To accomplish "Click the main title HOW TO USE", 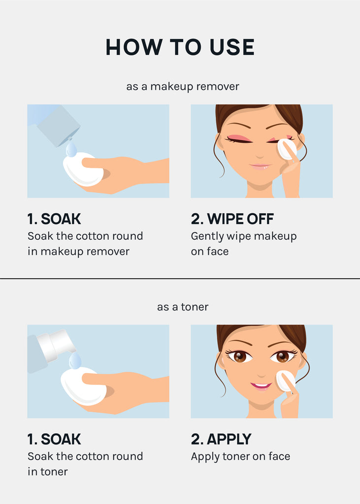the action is (180, 47).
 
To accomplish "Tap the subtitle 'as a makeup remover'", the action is (183, 87).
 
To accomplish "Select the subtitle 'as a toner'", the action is (183, 307).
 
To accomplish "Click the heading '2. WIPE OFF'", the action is (232, 219).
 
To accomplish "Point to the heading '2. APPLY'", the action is (221, 439).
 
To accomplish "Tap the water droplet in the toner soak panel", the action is (75, 361).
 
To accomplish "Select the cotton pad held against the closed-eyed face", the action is (287, 149).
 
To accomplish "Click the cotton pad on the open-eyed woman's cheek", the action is (286, 381).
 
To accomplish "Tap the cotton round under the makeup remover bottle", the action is (83, 169).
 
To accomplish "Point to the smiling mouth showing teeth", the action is (261, 385).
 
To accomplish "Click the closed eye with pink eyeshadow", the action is (238, 138).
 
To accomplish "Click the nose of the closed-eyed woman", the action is (260, 156).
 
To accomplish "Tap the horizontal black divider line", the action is (180, 279).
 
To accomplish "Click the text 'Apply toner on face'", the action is (240, 457).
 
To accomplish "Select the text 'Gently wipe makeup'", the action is (244, 236).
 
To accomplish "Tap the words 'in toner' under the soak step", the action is (48, 472).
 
